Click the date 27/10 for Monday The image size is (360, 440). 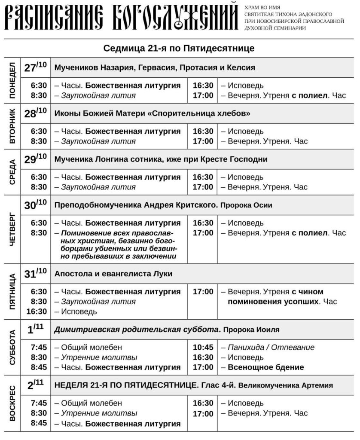click(35, 67)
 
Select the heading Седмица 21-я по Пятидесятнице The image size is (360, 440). click(179, 48)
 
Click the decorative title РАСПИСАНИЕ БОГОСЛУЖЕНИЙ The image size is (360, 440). click(122, 18)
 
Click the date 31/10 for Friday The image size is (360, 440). click(35, 273)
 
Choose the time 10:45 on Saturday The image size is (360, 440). click(203, 347)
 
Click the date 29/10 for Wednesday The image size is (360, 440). click(35, 159)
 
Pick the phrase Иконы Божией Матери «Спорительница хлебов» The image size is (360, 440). click(153, 113)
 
